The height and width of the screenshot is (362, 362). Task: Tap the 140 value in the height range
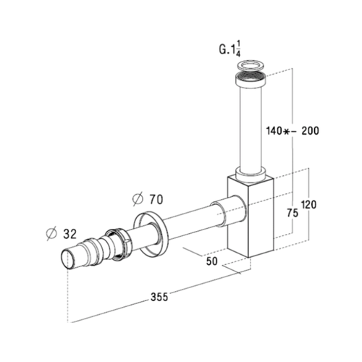(x=274, y=132)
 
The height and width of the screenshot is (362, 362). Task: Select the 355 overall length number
(x=161, y=296)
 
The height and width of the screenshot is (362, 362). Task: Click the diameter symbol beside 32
(x=51, y=233)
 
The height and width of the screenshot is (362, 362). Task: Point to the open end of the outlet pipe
(x=68, y=259)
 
